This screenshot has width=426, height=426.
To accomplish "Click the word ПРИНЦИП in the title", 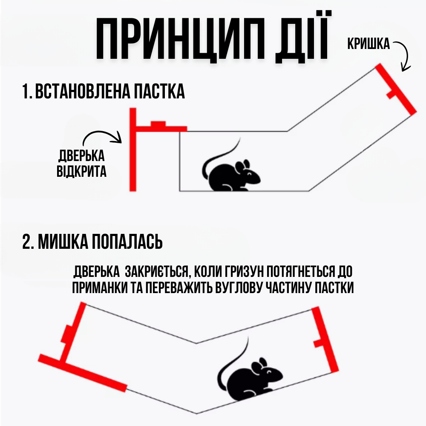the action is [x=180, y=39].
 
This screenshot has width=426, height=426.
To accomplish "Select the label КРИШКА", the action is [x=368, y=44].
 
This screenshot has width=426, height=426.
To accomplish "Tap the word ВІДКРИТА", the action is [x=81, y=172].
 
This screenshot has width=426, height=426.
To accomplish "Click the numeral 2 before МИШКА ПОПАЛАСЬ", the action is [x=26, y=242].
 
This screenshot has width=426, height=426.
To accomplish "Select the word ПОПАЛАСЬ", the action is [x=127, y=242].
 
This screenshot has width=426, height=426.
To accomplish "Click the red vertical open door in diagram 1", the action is [x=133, y=150].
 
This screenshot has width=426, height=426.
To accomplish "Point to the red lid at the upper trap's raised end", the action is [x=396, y=89].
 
